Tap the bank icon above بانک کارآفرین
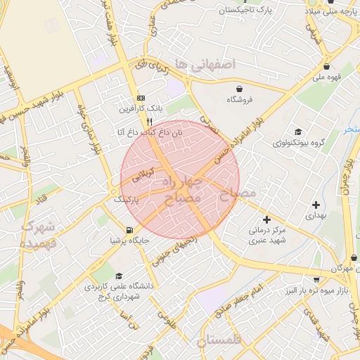point(141,98)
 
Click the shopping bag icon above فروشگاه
point(240,89)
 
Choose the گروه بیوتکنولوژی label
point(299,142)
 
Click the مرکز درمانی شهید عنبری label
point(266,235)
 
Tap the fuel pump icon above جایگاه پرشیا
point(129,230)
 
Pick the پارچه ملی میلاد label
point(331,11)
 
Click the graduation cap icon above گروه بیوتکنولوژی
point(299,131)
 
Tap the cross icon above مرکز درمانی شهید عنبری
point(266,219)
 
